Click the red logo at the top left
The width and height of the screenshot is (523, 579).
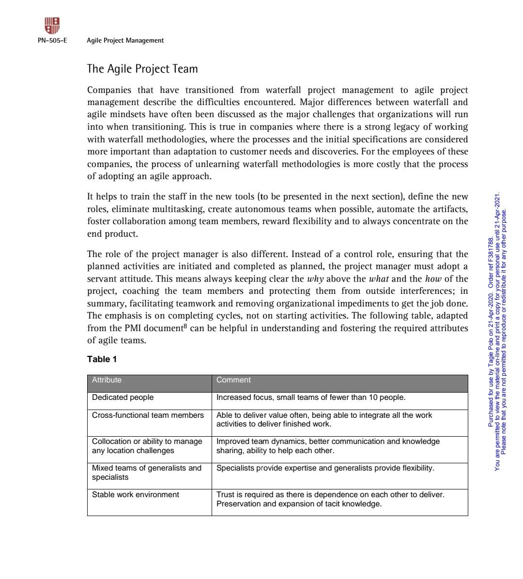click(52, 25)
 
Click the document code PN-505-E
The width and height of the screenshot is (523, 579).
click(52, 41)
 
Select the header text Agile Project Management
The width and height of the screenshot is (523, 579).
click(125, 41)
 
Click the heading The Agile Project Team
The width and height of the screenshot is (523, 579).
click(142, 69)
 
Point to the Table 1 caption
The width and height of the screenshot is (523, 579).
click(102, 359)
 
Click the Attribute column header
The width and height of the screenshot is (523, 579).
click(107, 380)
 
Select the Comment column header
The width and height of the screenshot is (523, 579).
click(233, 380)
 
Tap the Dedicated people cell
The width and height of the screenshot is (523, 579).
click(123, 397)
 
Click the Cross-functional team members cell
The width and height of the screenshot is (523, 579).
click(148, 415)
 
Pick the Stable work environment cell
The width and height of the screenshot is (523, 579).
click(135, 495)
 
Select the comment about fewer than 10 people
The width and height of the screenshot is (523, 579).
click(310, 397)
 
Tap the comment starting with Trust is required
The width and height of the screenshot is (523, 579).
click(330, 499)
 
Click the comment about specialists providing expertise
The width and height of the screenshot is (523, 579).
click(325, 468)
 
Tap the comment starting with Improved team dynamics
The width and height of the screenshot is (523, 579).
click(328, 446)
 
